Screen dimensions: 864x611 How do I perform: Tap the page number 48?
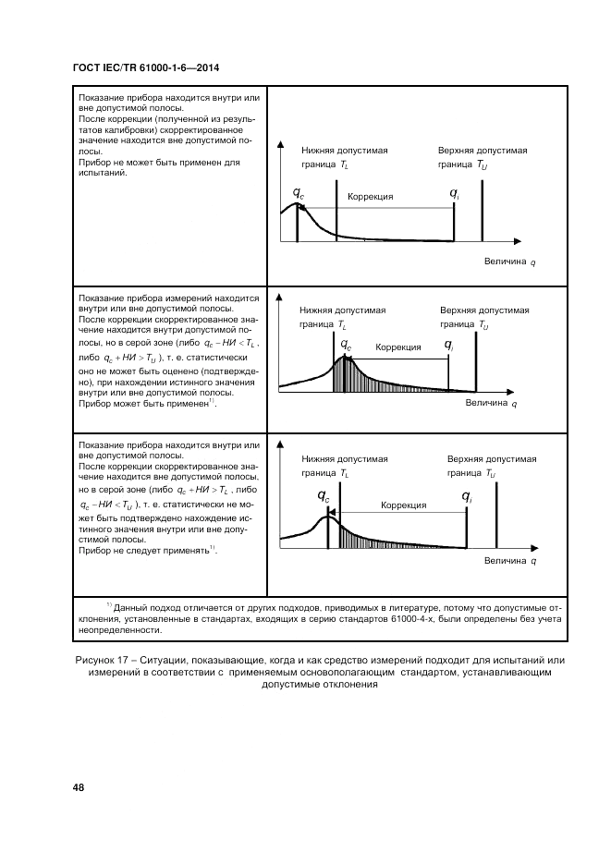click(79, 786)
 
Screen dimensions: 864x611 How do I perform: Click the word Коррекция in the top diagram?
click(371, 197)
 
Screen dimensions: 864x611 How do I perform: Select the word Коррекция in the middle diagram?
click(398, 347)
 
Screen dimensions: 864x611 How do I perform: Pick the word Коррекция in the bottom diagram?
click(403, 505)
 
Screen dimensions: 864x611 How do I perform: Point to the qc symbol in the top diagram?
click(298, 192)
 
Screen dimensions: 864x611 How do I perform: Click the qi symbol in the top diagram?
click(455, 192)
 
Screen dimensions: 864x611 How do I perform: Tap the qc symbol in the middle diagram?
click(346, 345)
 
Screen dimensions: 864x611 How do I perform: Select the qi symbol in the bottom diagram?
click(466, 497)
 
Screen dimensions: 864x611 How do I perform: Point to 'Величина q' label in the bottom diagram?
click(510, 561)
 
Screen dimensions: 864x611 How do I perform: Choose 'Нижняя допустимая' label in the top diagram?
click(344, 150)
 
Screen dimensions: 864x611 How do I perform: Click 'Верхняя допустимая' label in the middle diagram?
click(484, 310)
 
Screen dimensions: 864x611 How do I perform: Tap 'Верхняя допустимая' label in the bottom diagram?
click(492, 458)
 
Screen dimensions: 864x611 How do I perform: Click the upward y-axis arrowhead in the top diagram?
click(281, 145)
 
